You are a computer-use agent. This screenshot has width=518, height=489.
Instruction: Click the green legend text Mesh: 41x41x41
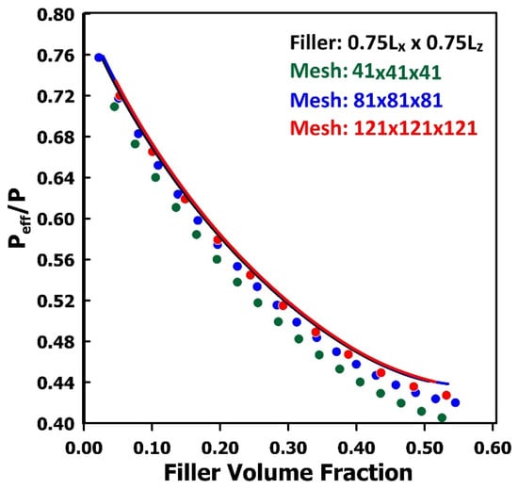pos(365,71)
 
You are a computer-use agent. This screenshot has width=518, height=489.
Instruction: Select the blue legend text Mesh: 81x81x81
pos(366,100)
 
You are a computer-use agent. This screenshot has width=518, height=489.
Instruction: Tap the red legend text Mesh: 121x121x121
pos(384,128)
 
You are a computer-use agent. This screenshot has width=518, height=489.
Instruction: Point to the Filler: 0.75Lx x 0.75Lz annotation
pos(386,43)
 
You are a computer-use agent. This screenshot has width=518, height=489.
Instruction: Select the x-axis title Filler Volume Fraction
pos(288,472)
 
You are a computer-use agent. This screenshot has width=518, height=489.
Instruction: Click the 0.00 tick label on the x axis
pos(84,448)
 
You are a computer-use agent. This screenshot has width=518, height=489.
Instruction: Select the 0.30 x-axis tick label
pos(288,448)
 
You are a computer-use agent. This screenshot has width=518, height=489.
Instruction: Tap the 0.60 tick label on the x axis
pos(493,448)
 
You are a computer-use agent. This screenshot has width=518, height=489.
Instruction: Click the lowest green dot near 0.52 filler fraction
pos(442,418)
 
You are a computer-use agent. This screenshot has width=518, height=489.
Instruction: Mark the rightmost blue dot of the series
pos(455,402)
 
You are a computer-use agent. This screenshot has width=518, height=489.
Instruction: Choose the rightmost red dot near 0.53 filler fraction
pos(446,395)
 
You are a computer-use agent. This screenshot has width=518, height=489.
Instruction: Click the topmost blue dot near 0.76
pos(99,57)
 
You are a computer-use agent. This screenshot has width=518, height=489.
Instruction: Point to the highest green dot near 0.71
pos(114,106)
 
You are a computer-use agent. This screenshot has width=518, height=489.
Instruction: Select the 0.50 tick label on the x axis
pos(425,448)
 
